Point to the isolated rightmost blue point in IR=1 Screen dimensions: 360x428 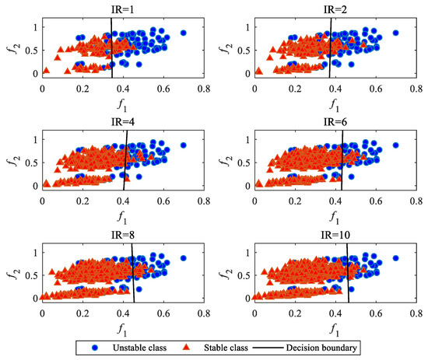183,33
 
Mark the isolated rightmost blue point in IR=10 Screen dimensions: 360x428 395,257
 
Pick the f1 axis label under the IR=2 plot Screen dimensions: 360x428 335,103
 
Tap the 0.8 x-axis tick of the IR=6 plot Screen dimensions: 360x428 416,197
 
